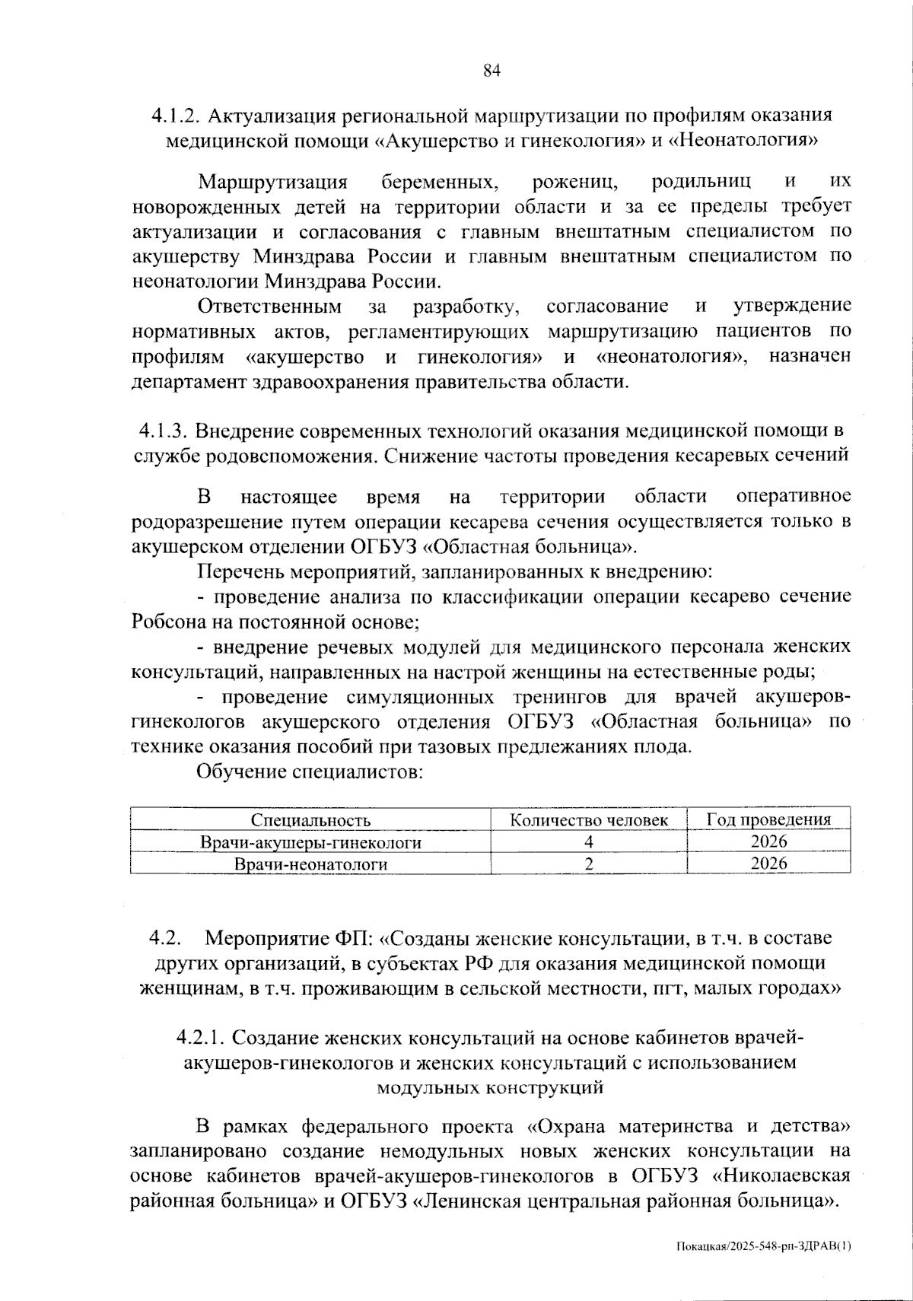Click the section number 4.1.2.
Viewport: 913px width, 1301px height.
coord(176,116)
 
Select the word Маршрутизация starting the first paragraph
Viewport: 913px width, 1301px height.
coord(272,183)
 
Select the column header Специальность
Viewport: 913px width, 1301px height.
coord(310,820)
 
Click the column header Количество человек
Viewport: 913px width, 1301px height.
coord(588,820)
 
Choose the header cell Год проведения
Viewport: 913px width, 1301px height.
coord(768,819)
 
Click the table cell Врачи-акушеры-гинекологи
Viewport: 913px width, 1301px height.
coord(310,842)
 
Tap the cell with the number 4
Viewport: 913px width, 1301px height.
coord(588,842)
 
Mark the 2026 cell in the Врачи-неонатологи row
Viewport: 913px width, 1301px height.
coord(768,864)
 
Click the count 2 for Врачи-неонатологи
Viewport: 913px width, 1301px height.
coord(588,864)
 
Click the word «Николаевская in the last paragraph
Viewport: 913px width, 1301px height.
coord(781,1175)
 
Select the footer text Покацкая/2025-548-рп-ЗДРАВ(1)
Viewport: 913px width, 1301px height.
coord(763,1246)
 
